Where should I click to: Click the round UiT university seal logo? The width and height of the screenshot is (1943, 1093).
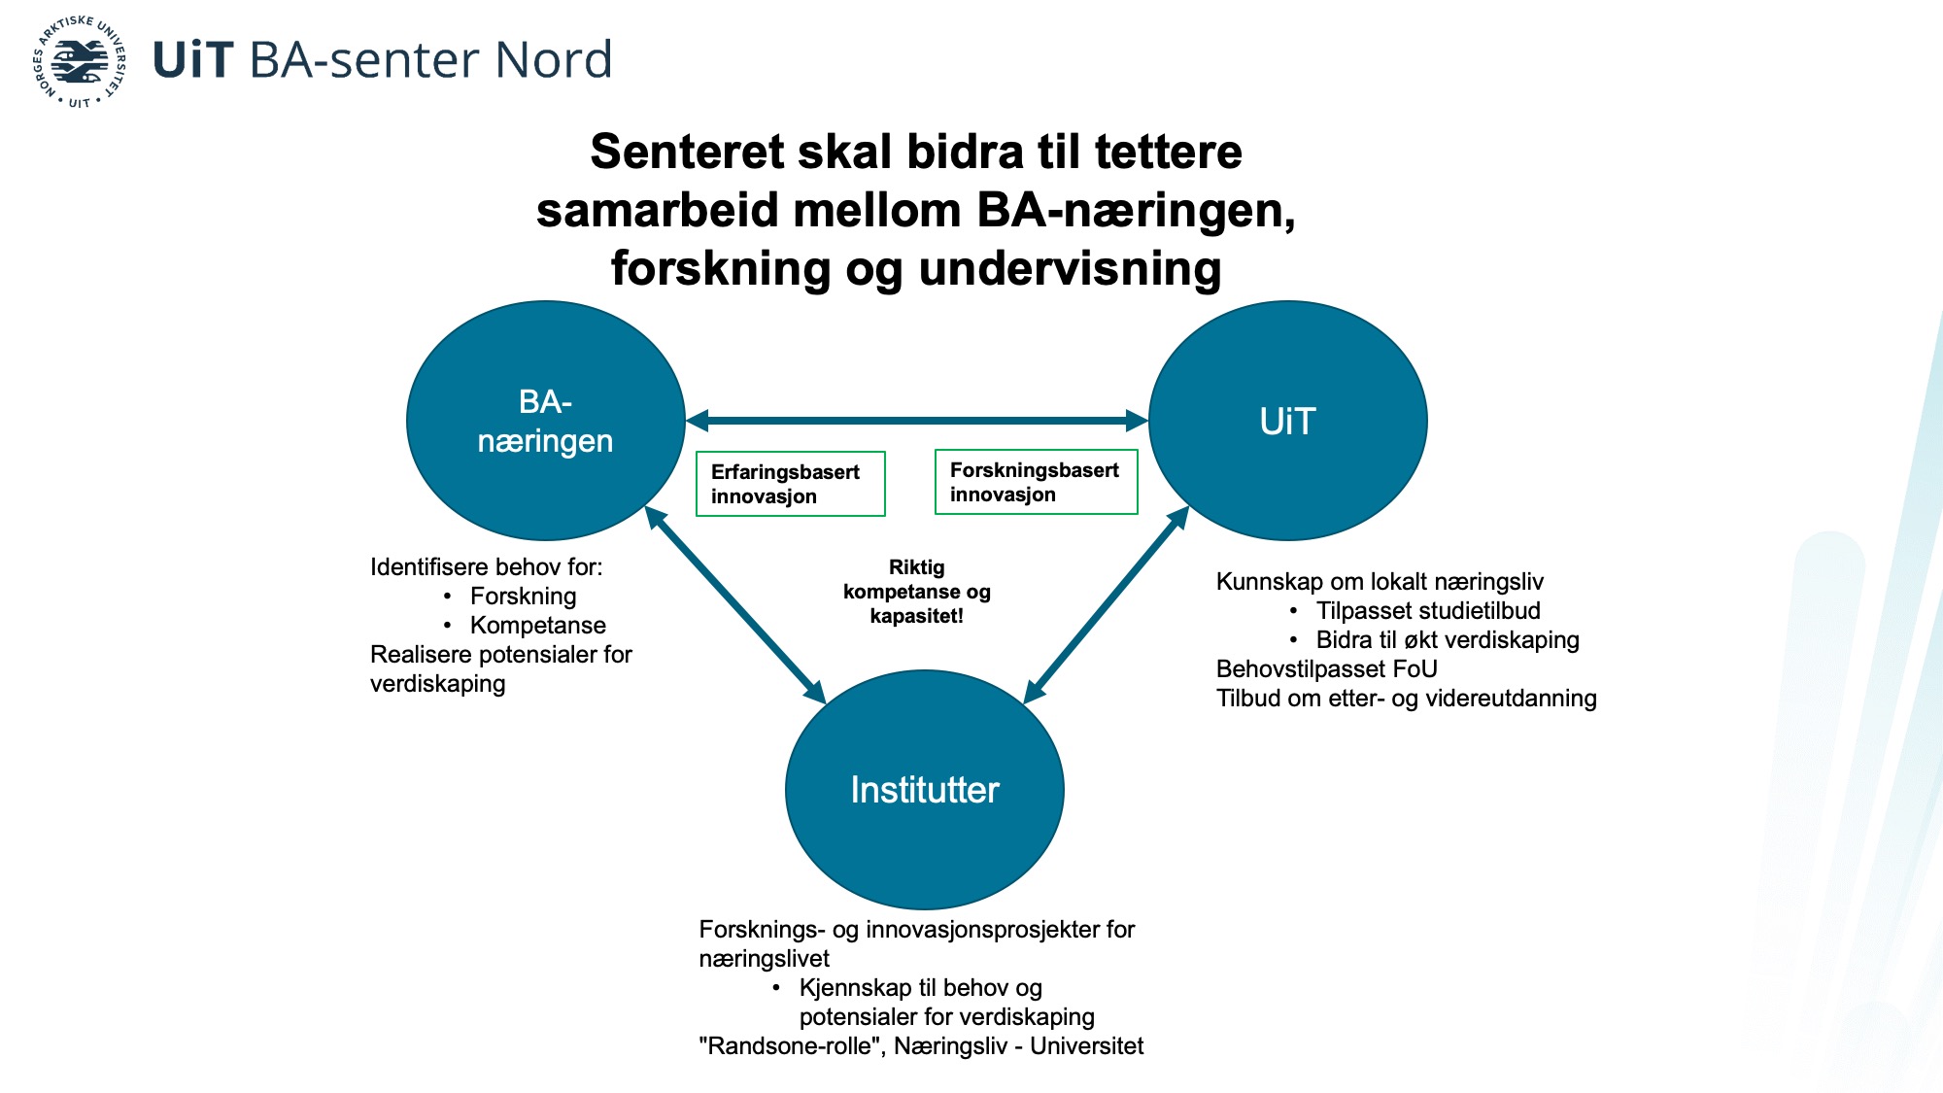(80, 61)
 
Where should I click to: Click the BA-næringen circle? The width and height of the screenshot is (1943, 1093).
(545, 421)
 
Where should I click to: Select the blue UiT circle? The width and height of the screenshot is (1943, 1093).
(1287, 421)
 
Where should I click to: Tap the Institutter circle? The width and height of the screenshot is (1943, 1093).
(924, 789)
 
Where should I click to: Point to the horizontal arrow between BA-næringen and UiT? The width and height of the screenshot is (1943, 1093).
(917, 421)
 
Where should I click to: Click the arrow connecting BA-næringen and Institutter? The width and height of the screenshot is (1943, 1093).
(735, 604)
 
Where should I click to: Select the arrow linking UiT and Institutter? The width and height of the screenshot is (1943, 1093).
(1107, 604)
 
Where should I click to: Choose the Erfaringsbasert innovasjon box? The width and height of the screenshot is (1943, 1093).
(791, 484)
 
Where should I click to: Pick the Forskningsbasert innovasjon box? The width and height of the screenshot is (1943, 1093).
(1036, 482)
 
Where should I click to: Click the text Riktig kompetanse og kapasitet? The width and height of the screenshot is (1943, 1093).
(917, 591)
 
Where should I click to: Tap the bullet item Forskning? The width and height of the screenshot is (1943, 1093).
(523, 596)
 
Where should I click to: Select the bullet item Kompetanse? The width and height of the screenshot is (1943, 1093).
(537, 625)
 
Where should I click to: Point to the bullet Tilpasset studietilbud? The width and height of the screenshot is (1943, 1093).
(1428, 610)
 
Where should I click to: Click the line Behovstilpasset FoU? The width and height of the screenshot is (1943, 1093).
(1326, 668)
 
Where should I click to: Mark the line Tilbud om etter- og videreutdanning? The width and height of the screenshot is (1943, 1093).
(1406, 698)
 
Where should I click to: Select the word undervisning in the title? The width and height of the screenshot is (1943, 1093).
(1070, 268)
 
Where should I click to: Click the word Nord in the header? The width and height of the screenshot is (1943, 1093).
(554, 59)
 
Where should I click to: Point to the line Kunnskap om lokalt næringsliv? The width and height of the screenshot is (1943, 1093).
(1380, 581)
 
